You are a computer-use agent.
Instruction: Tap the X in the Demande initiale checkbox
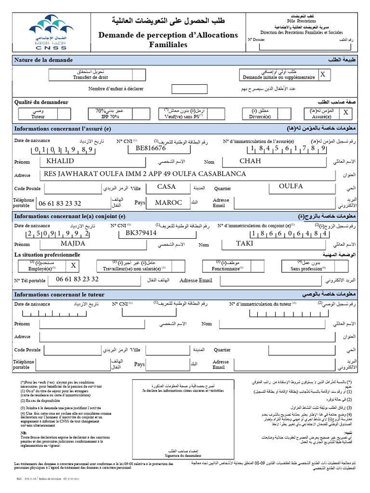pyautogui.click(x=323, y=75)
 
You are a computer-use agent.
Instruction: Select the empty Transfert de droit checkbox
pyautogui.click(x=138, y=75)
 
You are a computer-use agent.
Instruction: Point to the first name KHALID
pyautogui.click(x=60, y=161)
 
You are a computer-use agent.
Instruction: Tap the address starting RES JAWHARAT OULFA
pyautogui.click(x=145, y=174)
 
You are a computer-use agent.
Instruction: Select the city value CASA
pyautogui.click(x=167, y=187)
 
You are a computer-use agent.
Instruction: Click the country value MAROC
pyautogui.click(x=169, y=203)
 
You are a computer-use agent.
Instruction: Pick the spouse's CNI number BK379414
pyautogui.click(x=141, y=233)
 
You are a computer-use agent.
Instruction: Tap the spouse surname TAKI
pyautogui.click(x=244, y=244)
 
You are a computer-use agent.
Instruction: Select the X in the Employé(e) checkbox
pyautogui.click(x=73, y=265)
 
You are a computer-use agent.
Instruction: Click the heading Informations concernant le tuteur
pyautogui.click(x=59, y=294)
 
